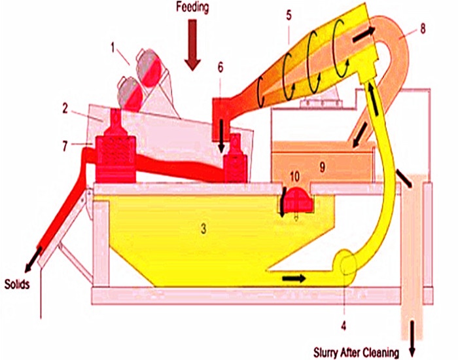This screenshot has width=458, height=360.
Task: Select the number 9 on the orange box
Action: point(321,167)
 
